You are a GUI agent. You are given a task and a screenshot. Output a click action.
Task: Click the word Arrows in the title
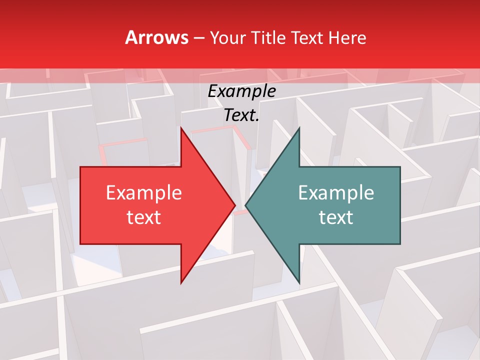click(x=156, y=37)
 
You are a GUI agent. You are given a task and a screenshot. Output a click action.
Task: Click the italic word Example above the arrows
click(x=241, y=91)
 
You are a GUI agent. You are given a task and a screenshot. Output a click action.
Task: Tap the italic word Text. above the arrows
click(x=241, y=115)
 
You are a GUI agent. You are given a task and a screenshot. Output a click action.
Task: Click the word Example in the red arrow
click(x=143, y=193)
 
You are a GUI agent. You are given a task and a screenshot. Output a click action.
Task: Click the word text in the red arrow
click(x=143, y=217)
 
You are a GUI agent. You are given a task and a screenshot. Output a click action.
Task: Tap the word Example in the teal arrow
click(x=336, y=193)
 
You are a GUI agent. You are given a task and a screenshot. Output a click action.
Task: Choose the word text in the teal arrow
click(x=336, y=217)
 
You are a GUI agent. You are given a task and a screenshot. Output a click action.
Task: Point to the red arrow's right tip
click(x=234, y=205)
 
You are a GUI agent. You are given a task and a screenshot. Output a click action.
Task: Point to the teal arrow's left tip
click(x=246, y=205)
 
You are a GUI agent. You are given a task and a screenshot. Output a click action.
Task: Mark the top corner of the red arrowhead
click(x=181, y=128)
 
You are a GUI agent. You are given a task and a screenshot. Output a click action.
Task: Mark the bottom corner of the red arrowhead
click(x=181, y=282)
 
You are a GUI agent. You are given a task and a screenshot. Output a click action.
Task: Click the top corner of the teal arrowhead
click(x=299, y=128)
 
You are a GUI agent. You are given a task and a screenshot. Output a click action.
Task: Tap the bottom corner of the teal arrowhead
click(x=299, y=282)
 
